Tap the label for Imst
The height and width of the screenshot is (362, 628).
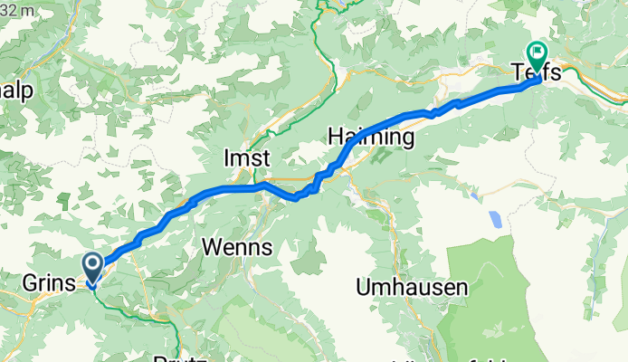[x=246, y=158]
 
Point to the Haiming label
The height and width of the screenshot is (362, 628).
[x=371, y=138]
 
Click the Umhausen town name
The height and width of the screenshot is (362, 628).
[x=412, y=288]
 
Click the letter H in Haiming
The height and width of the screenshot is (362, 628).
[x=336, y=138]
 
